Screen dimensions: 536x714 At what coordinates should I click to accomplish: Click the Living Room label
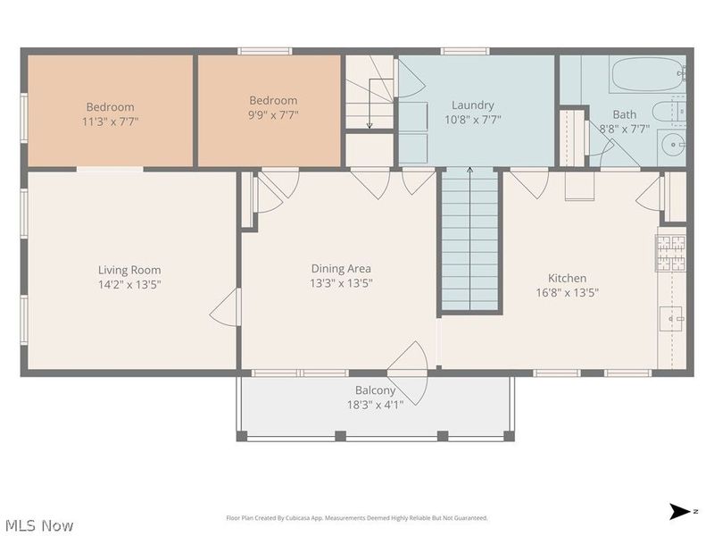[x=129, y=270]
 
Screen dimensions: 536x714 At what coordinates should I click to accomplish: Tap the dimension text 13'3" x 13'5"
[x=341, y=284]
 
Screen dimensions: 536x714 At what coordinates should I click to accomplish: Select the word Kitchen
[x=567, y=278]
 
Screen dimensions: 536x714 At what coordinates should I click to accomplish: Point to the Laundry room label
[x=472, y=105]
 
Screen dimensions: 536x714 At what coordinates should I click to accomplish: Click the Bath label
[x=624, y=114]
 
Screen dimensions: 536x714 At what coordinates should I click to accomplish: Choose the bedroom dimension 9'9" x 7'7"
[x=272, y=115]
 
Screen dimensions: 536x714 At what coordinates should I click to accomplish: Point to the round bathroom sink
[x=672, y=143]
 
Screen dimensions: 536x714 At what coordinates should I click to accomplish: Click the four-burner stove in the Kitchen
[x=671, y=250]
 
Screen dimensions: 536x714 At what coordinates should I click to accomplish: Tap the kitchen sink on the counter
[x=670, y=318]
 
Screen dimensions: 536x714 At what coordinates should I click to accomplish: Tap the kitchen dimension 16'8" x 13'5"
[x=567, y=292]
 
